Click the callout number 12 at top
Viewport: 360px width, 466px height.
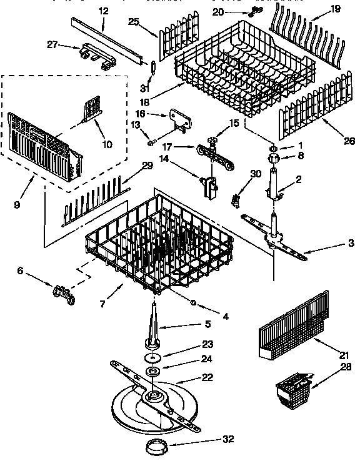point(103,11)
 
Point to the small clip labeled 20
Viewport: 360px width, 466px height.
point(253,11)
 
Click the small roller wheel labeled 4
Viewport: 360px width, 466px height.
point(193,303)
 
